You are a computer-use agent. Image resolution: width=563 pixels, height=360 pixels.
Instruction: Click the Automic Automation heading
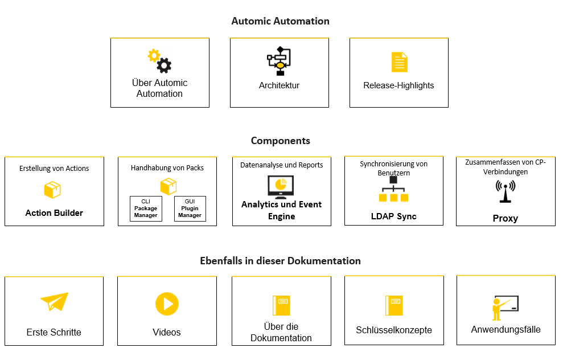tap(280, 21)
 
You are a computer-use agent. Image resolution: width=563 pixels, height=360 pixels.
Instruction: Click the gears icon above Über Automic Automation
tap(159, 60)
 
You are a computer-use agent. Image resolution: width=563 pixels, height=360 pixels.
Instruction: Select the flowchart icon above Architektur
tap(279, 61)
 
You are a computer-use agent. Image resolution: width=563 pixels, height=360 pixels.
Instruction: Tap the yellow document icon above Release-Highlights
tap(399, 62)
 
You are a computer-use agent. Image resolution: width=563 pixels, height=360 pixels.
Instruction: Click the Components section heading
tap(280, 141)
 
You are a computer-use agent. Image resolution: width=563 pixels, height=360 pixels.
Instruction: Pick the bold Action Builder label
tap(54, 213)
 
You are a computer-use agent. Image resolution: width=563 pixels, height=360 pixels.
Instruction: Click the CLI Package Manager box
tap(146, 208)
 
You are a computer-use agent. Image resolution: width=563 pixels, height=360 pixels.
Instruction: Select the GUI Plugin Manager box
tap(190, 208)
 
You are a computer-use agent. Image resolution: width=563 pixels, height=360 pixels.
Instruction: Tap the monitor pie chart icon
tap(281, 186)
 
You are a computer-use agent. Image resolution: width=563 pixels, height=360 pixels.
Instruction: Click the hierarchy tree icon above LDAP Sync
tap(393, 189)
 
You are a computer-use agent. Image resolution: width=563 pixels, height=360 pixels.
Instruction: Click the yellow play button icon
tap(167, 304)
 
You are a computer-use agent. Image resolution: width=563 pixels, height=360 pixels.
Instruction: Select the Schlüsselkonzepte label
tap(394, 330)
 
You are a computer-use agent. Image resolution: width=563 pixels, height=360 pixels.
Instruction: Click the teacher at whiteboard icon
tap(505, 308)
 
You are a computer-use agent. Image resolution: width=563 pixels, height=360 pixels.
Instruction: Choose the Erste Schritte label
tap(54, 332)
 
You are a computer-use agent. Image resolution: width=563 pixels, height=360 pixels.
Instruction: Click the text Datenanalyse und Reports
tap(281, 165)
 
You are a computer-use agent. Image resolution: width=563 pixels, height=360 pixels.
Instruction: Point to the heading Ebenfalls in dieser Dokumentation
tap(280, 261)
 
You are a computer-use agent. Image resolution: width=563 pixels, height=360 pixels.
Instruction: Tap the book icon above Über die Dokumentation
tap(281, 305)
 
